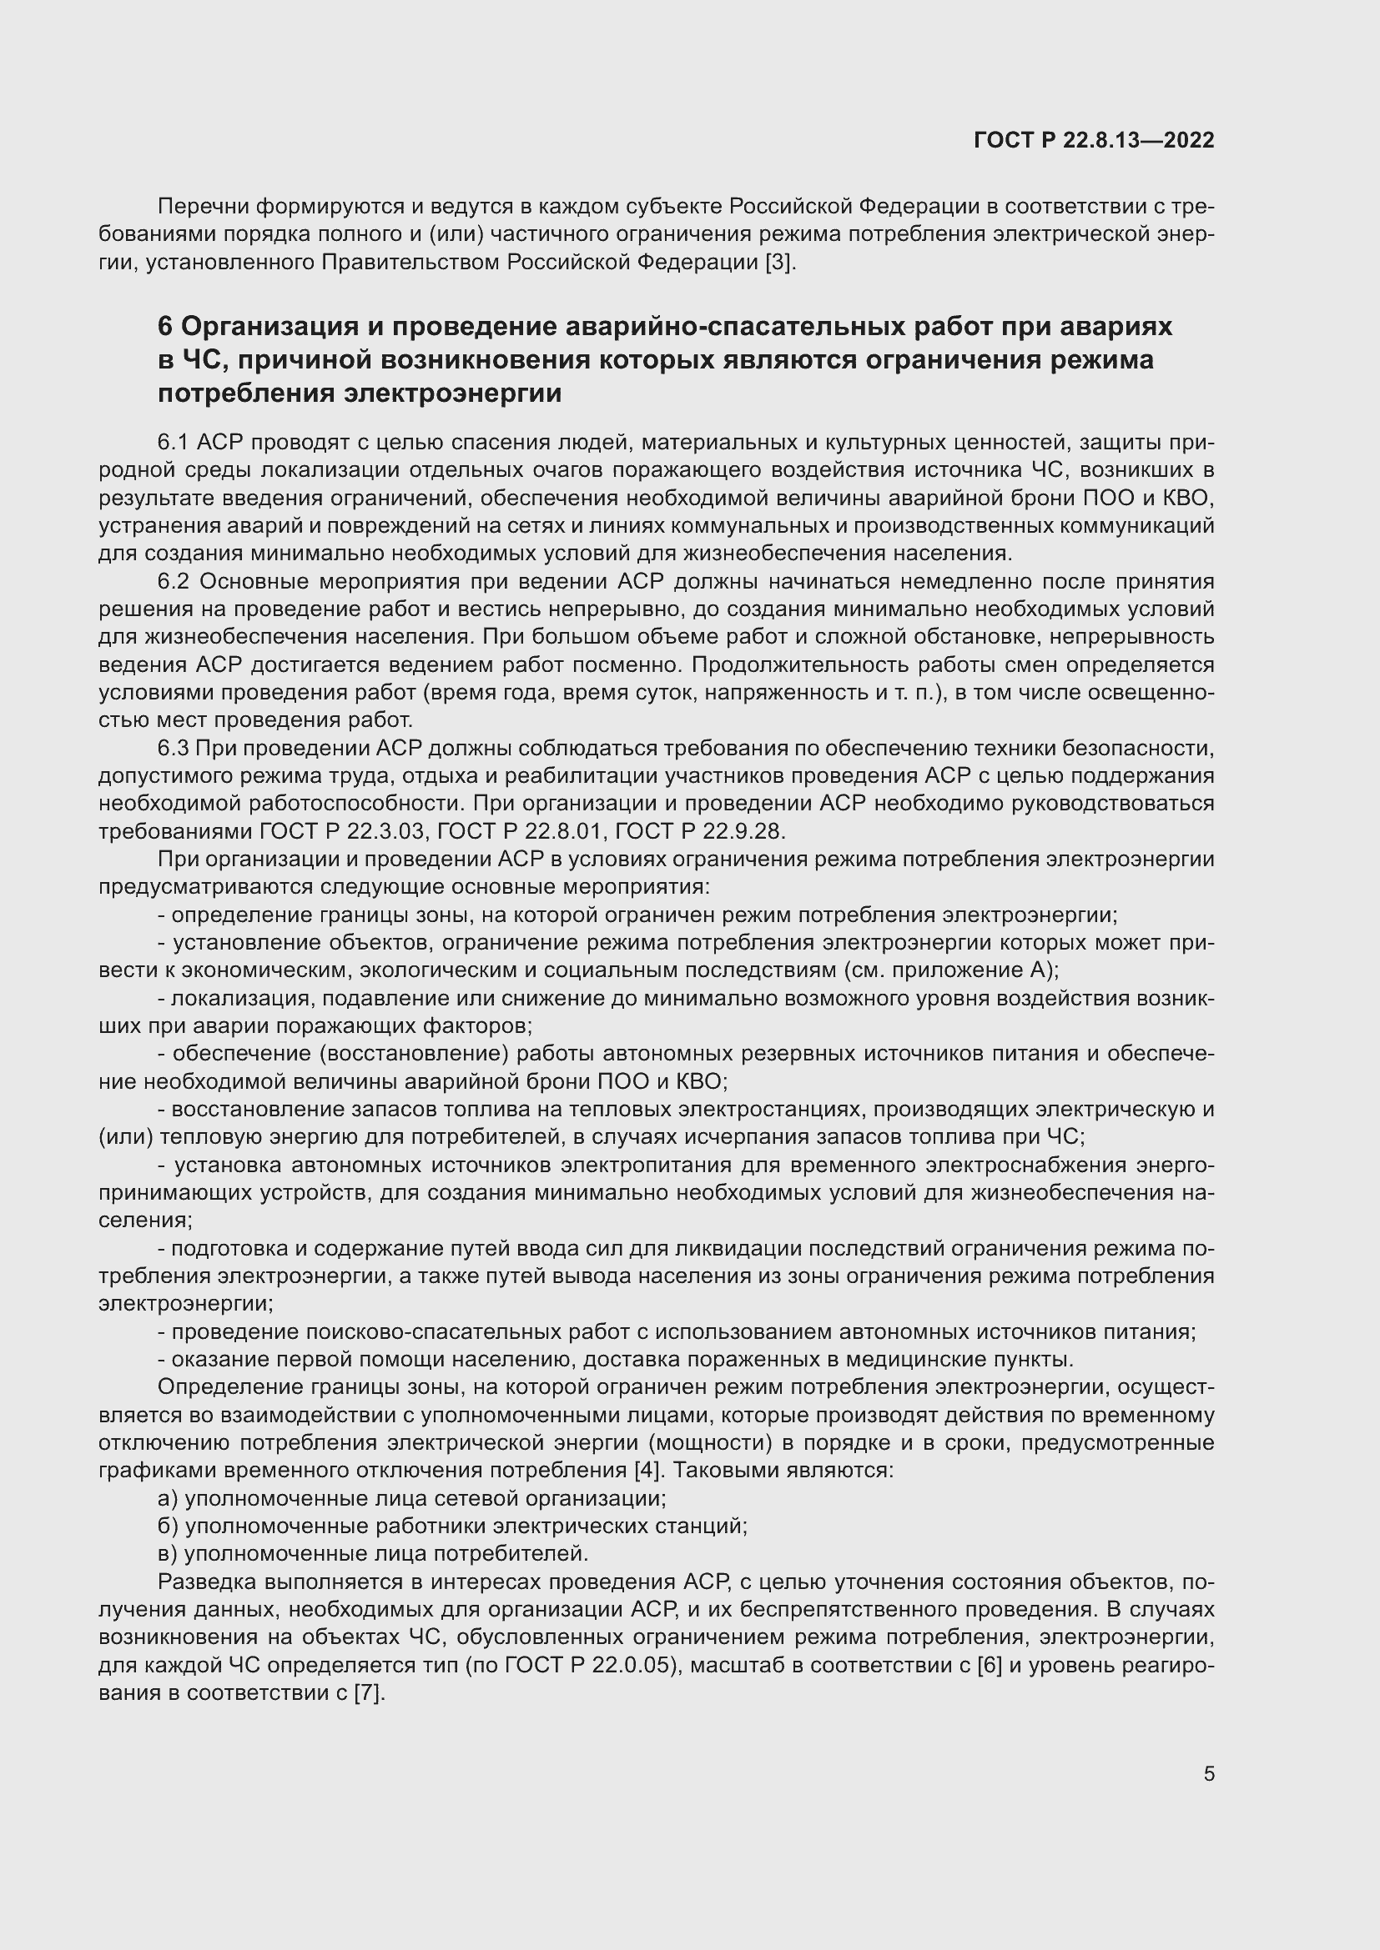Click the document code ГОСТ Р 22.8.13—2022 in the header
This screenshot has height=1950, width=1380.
coord(1094,141)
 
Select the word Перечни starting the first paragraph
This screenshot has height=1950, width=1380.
coord(204,207)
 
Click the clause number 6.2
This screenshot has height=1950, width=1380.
coord(175,582)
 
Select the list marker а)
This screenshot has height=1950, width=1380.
coord(169,1498)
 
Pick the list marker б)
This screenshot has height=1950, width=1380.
coord(169,1526)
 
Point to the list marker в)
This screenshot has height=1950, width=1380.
coord(169,1553)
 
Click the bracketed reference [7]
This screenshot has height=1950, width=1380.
coord(369,1692)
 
